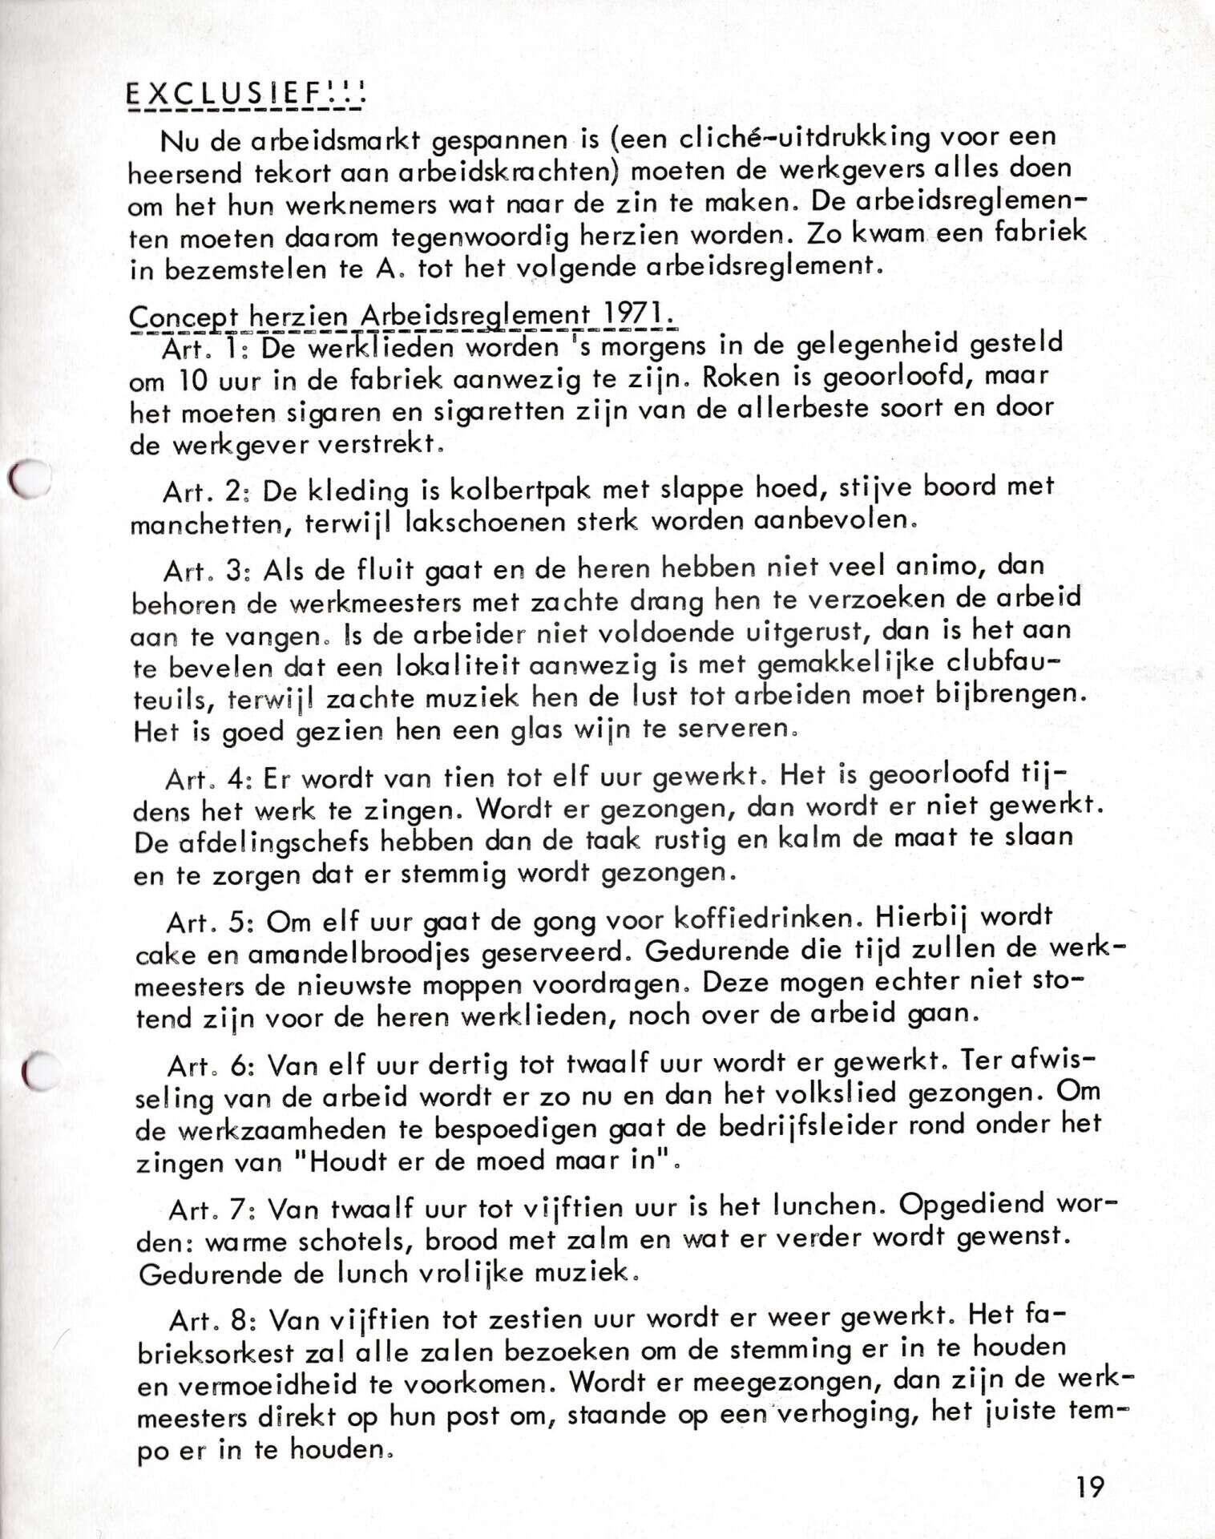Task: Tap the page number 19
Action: pos(1090,1488)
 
